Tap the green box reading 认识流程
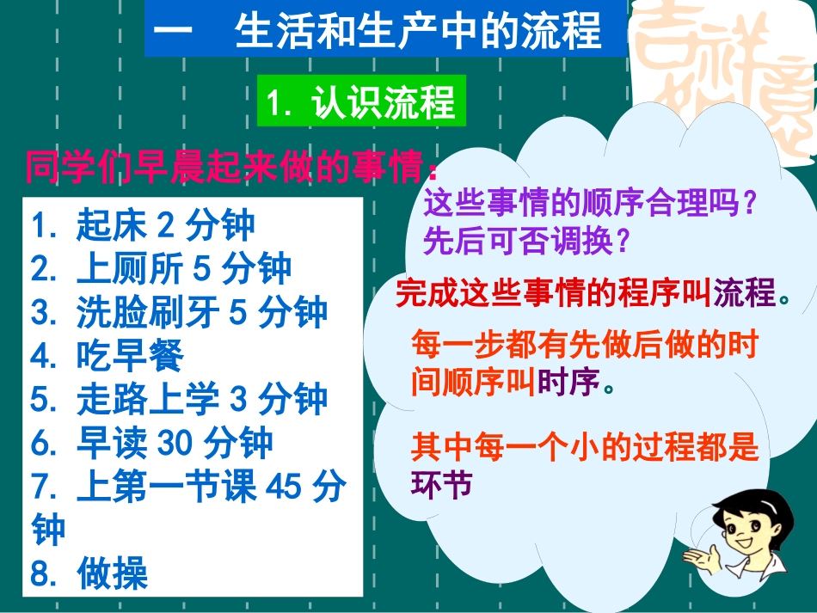[x=361, y=103]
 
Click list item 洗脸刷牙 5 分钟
[x=180, y=312]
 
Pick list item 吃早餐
[x=107, y=356]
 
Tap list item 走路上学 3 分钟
[x=180, y=400]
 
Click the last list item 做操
[x=89, y=573]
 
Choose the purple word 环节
[x=442, y=485]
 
